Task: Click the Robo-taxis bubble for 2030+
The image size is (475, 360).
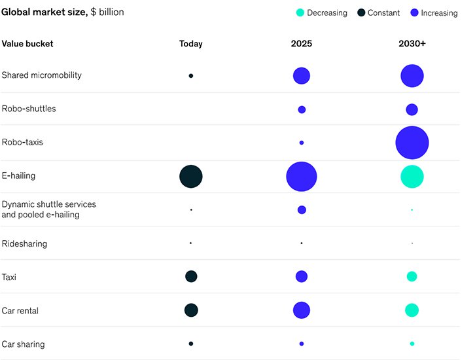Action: point(412,143)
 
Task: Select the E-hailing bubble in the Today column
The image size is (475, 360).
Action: point(191,177)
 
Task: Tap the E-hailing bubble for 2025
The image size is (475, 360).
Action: point(302,177)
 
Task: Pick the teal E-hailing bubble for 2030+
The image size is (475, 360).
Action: point(412,177)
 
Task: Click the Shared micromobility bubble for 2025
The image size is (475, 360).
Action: point(302,76)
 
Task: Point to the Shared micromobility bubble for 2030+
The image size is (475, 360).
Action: point(412,76)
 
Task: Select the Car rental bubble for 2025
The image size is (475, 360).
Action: point(302,310)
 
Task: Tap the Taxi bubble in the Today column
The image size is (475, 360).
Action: point(191,277)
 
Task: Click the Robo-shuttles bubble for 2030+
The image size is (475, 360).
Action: point(412,109)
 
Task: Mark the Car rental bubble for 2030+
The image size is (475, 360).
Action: point(412,310)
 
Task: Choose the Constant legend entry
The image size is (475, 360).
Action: point(379,13)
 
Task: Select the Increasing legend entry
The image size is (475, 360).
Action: point(434,13)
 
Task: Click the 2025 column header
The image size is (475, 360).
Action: point(302,44)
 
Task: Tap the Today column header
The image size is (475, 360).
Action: point(191,44)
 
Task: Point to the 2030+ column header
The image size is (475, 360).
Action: point(412,44)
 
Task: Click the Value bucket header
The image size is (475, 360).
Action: point(27,44)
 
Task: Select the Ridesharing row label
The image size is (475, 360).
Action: point(24,244)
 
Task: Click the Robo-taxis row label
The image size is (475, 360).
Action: point(22,142)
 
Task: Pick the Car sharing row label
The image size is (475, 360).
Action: point(23,344)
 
